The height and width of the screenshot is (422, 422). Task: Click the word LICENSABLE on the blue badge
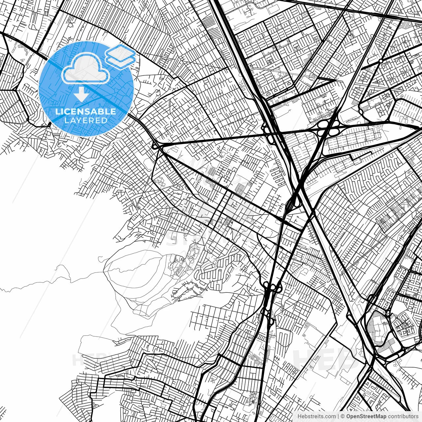85,111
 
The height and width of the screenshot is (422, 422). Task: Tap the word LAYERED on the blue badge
85,120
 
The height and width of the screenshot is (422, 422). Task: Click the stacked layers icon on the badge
120,55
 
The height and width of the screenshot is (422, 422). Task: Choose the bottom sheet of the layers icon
120,60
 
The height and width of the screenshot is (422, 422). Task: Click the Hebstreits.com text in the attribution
317,416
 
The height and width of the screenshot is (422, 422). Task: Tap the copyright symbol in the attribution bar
343,416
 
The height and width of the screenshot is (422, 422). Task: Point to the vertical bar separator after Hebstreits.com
339,416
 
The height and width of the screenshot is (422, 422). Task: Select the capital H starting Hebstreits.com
299,416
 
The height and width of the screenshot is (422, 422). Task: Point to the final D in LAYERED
105,120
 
